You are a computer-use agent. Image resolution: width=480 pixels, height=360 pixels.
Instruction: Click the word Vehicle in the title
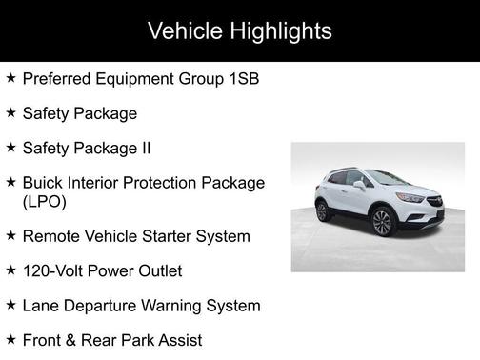[x=184, y=31]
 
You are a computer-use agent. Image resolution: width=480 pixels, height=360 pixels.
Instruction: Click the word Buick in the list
[x=44, y=183]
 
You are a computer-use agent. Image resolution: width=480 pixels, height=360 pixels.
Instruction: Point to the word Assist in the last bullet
[x=179, y=339]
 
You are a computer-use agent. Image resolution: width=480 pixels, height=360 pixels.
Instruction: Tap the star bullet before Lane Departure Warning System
[x=10, y=305]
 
